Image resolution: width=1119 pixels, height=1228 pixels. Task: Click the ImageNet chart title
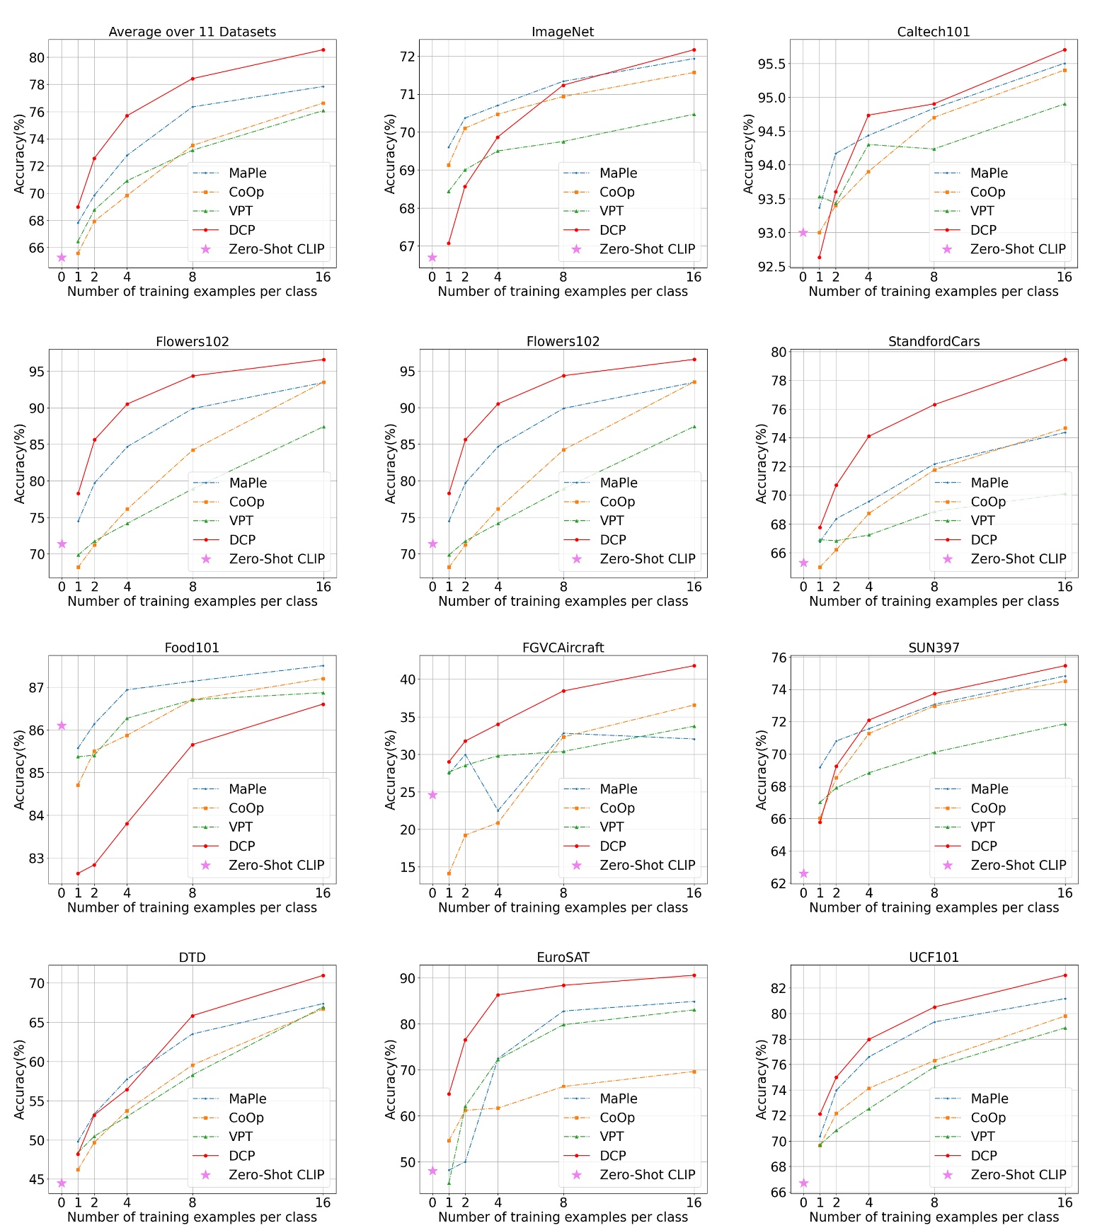pyautogui.click(x=563, y=32)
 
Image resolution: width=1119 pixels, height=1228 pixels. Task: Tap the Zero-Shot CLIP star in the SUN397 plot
pyautogui.click(x=803, y=873)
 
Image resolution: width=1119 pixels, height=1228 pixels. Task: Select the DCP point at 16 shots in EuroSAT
pyautogui.click(x=694, y=975)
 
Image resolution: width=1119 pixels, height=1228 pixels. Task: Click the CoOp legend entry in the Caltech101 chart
pyautogui.click(x=987, y=192)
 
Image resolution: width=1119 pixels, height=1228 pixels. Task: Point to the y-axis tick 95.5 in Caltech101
pyautogui.click(x=771, y=64)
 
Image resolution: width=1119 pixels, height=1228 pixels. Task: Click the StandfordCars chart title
pyautogui.click(x=934, y=341)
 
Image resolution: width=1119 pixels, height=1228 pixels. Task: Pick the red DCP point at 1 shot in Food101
pyautogui.click(x=78, y=873)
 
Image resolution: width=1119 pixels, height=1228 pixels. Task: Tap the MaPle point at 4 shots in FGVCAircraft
pyautogui.click(x=498, y=811)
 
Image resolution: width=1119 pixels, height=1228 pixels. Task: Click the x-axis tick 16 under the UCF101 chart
pyautogui.click(x=1065, y=1203)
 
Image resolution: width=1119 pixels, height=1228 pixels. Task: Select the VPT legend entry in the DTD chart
pyautogui.click(x=241, y=1136)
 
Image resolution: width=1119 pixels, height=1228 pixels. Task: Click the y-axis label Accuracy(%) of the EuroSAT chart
pyautogui.click(x=390, y=1079)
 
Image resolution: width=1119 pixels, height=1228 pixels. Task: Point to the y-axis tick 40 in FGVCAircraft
pyautogui.click(x=408, y=679)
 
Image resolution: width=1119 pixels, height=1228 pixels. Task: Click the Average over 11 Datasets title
pyautogui.click(x=192, y=32)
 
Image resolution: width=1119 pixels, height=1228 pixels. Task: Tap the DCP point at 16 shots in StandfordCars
pyautogui.click(x=1065, y=360)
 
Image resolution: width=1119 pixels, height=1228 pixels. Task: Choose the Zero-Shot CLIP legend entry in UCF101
pyautogui.click(x=1018, y=1174)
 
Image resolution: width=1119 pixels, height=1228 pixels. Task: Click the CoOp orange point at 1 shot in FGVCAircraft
pyautogui.click(x=449, y=873)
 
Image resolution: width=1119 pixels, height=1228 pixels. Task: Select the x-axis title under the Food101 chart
pyautogui.click(x=192, y=907)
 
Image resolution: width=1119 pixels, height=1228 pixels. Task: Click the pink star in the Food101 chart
pyautogui.click(x=62, y=725)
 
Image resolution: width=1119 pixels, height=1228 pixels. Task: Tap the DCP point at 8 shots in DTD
pyautogui.click(x=193, y=1016)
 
